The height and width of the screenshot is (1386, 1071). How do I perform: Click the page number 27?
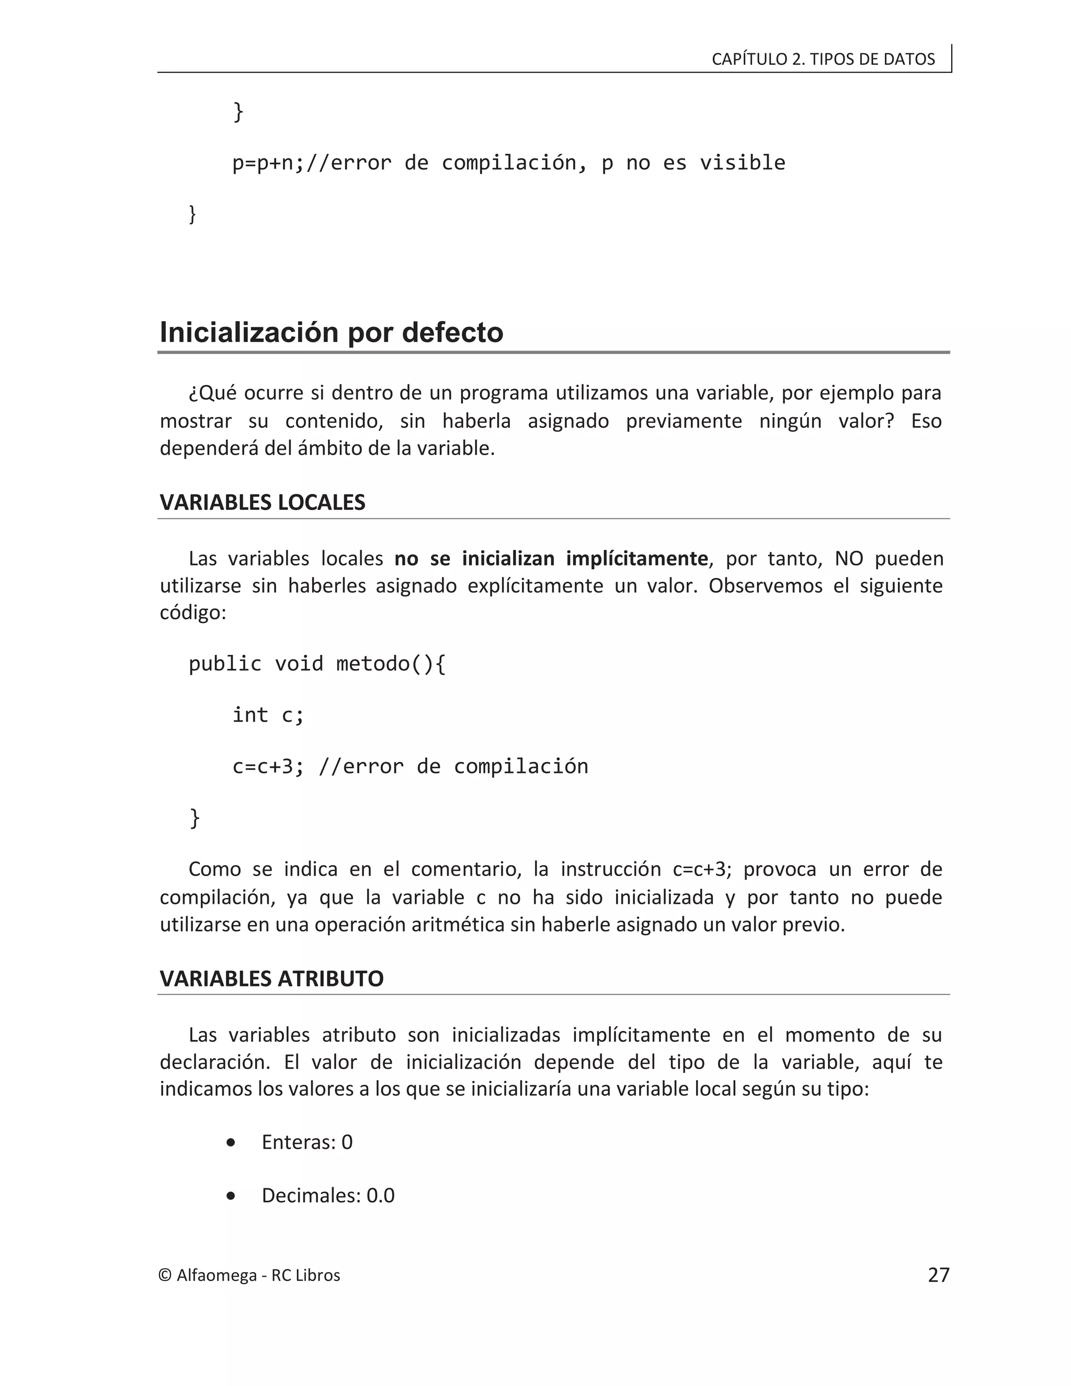tap(938, 1275)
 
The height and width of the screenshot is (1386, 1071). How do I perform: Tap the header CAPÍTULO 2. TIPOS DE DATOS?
tap(823, 59)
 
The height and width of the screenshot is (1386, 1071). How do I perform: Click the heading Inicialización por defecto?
tap(331, 333)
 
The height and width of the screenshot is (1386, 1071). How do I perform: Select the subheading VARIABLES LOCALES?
tap(262, 502)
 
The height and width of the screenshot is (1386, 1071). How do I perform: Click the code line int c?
tap(268, 714)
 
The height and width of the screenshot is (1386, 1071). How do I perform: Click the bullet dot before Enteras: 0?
tap(230, 1142)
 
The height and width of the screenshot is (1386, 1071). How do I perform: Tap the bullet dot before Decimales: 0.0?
tap(230, 1196)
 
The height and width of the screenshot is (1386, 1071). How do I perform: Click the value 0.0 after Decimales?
tap(380, 1196)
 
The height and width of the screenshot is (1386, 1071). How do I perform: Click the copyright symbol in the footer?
tap(165, 1276)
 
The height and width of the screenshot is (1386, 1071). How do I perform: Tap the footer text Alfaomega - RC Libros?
tap(258, 1276)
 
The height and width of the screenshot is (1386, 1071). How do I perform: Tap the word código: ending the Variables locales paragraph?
tap(193, 613)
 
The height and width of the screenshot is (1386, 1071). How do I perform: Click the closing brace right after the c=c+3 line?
tap(194, 817)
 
